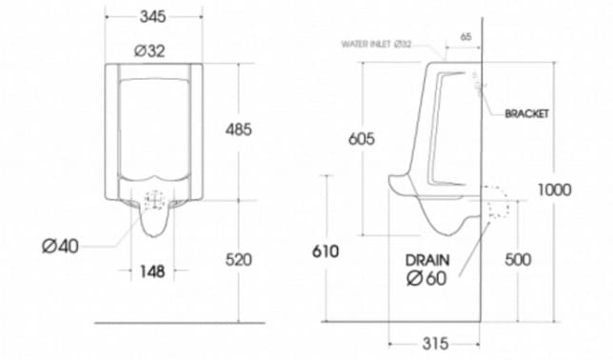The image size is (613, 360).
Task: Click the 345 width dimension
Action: (153, 16)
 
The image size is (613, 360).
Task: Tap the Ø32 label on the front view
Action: (149, 51)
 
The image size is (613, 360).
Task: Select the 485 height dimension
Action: (239, 130)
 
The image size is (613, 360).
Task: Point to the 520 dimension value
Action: (238, 258)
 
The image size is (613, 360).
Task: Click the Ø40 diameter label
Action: (60, 246)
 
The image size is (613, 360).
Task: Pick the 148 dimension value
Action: (151, 271)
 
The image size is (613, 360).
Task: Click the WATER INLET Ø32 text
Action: (377, 44)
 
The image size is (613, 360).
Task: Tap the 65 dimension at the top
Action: (465, 36)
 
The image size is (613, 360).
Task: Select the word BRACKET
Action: (527, 113)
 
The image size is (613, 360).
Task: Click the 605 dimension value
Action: (361, 139)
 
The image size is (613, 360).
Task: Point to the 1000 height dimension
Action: (554, 190)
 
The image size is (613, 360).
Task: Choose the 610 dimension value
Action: (326, 251)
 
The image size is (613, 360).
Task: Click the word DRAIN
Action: (427, 259)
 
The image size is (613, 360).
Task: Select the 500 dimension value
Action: (518, 259)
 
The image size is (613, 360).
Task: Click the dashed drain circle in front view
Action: (153, 201)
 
